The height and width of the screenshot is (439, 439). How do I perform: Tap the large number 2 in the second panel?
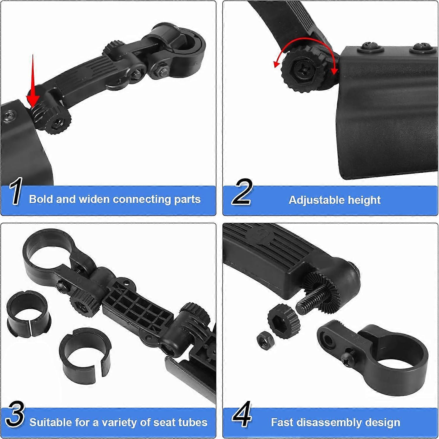click(241, 192)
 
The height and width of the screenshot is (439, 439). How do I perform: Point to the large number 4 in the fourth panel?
click(241, 414)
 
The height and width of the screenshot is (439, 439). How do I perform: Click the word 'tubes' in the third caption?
click(194, 422)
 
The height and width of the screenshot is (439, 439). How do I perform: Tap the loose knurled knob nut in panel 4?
click(283, 321)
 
